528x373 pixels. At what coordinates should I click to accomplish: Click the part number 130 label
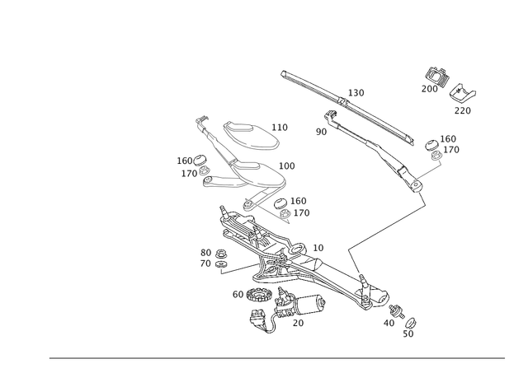pyautogui.click(x=356, y=93)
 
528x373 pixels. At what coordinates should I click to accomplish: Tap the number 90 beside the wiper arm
pyautogui.click(x=321, y=132)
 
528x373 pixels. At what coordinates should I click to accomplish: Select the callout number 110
pyautogui.click(x=280, y=128)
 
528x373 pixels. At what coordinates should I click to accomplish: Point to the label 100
pyautogui.click(x=287, y=166)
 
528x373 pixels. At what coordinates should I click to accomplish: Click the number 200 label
pyautogui.click(x=430, y=89)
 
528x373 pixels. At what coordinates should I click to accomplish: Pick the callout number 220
pyautogui.click(x=463, y=110)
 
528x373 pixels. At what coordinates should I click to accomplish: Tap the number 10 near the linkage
pyautogui.click(x=318, y=248)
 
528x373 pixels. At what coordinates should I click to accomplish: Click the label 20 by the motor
pyautogui.click(x=298, y=323)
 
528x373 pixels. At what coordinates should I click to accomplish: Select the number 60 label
pyautogui.click(x=238, y=295)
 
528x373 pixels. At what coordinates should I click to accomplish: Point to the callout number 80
pyautogui.click(x=205, y=253)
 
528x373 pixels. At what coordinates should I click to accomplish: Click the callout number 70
pyautogui.click(x=205, y=263)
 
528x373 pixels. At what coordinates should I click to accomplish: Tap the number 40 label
pyautogui.click(x=389, y=323)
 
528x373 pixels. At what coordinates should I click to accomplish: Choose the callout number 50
pyautogui.click(x=408, y=334)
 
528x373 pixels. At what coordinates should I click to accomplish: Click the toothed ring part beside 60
pyautogui.click(x=258, y=295)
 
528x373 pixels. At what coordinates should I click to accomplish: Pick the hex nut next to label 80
pyautogui.click(x=220, y=253)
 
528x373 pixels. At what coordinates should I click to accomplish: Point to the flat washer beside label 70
pyautogui.click(x=221, y=264)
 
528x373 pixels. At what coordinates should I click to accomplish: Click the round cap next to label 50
pyautogui.click(x=411, y=323)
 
